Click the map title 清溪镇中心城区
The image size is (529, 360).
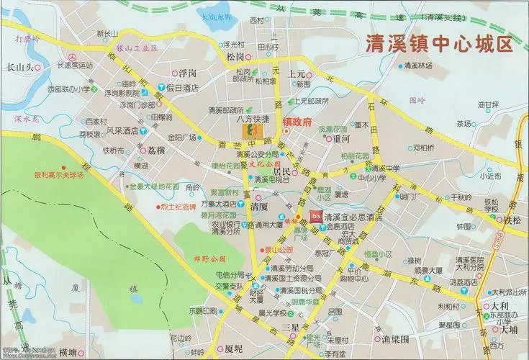[438, 45]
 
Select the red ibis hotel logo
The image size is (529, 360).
[315, 215]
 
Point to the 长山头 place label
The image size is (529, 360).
[20, 67]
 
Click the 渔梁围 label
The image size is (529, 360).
[395, 338]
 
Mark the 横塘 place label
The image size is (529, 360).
[68, 351]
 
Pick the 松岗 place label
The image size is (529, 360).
[234, 55]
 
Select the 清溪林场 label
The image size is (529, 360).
[417, 66]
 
